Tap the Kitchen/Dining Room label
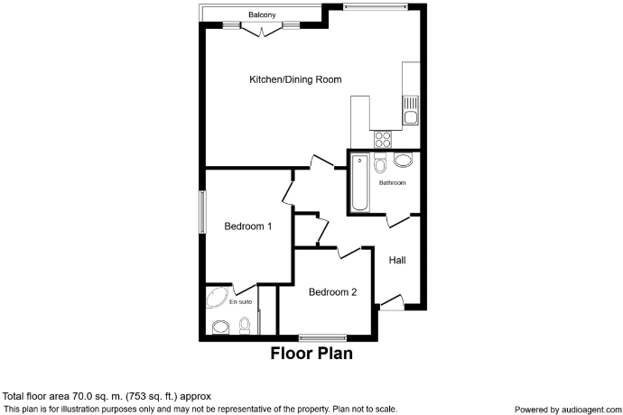[295, 79]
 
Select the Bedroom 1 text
[248, 226]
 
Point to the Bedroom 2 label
[333, 291]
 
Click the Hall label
[396, 261]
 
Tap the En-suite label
[239, 301]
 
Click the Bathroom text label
[392, 183]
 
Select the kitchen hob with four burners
[383, 139]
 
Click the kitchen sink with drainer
[411, 109]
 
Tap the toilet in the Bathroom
[380, 163]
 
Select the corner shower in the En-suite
[217, 300]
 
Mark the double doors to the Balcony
[262, 30]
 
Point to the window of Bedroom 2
[322, 338]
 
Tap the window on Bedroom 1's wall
[201, 213]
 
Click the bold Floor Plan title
[311, 354]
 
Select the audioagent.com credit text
[566, 409]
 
